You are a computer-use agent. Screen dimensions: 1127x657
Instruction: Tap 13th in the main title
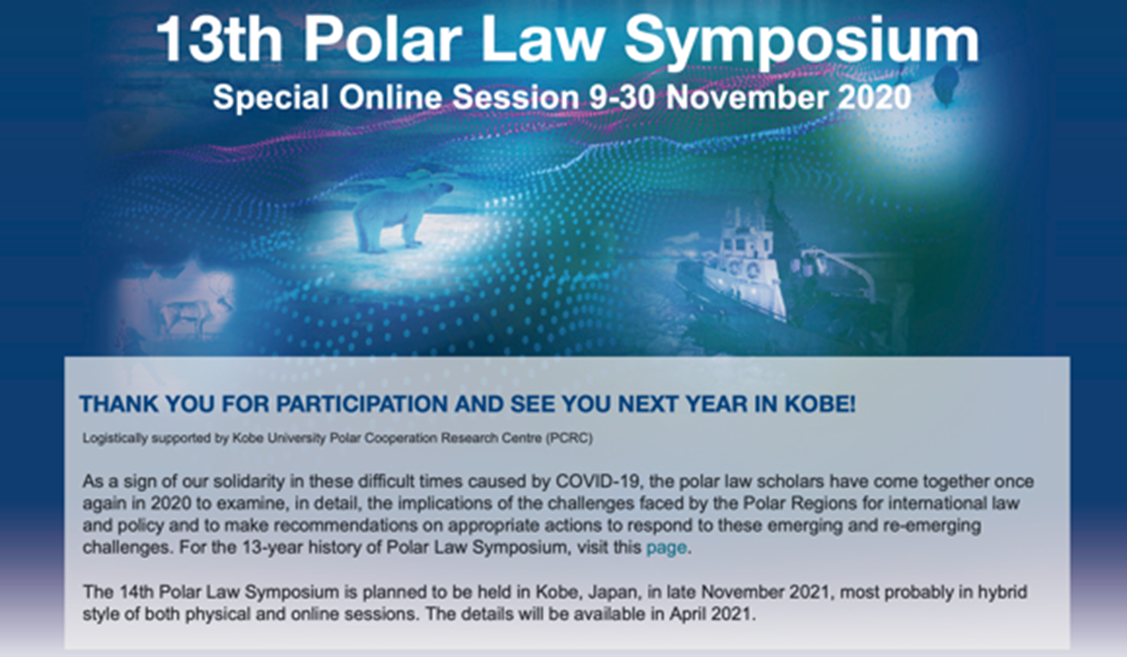(219, 38)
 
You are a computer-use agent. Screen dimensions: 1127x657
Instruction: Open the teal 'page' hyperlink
(666, 548)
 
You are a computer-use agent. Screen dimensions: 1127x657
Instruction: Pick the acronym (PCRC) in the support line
(569, 439)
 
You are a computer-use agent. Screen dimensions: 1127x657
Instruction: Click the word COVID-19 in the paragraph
(597, 482)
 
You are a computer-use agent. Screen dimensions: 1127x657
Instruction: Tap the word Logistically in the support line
(114, 439)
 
